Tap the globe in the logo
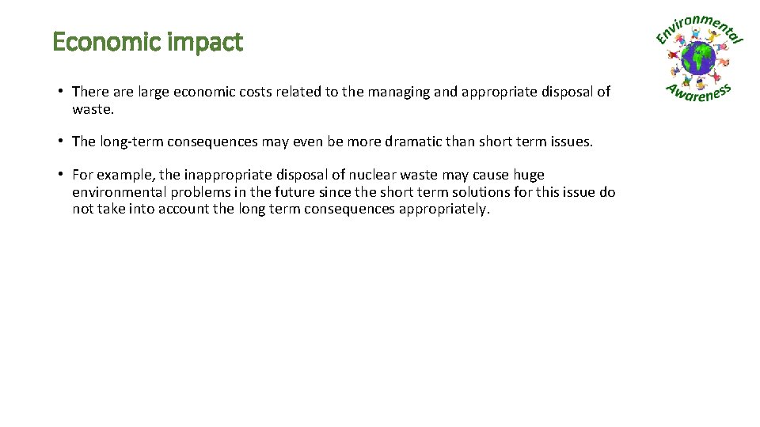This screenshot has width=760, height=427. (x=699, y=59)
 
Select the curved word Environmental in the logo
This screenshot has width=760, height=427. (x=700, y=28)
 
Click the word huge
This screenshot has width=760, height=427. (x=530, y=175)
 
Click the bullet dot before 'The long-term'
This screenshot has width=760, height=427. (x=60, y=142)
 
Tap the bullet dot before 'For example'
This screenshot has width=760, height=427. (x=60, y=175)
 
